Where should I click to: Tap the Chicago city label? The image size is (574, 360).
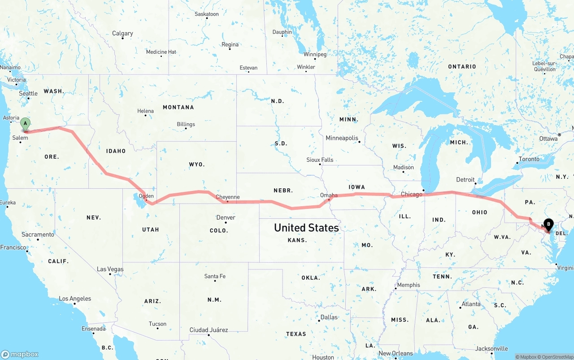(411, 194)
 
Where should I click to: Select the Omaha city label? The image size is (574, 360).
(329, 195)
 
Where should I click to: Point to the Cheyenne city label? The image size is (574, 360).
(227, 197)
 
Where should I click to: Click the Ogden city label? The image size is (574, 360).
(146, 196)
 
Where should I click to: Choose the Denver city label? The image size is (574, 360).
(226, 217)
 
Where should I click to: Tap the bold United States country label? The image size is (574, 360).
(306, 228)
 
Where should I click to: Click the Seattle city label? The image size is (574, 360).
(28, 93)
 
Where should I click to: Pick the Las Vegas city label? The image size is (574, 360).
(110, 269)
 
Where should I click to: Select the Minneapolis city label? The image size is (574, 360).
(342, 138)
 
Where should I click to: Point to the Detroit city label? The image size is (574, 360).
(465, 179)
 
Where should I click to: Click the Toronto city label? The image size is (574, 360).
(529, 159)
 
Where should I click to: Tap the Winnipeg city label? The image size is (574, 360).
(315, 54)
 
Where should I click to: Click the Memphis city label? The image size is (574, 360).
(409, 285)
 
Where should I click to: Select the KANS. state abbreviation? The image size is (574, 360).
(297, 240)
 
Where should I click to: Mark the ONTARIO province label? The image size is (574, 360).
(462, 66)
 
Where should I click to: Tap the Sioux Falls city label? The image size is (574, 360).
(320, 160)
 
